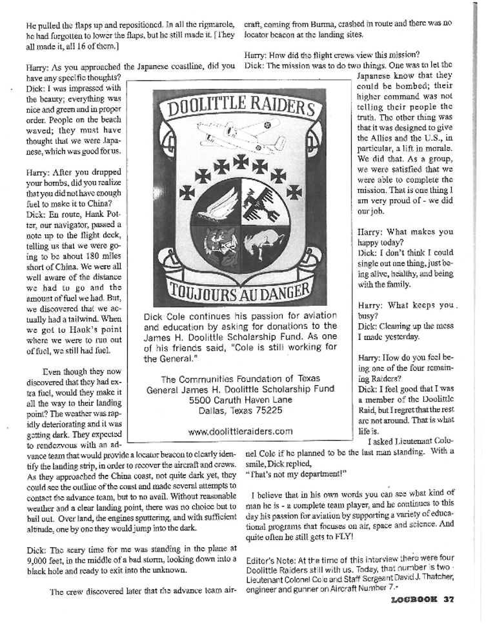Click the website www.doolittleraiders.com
[239, 430]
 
